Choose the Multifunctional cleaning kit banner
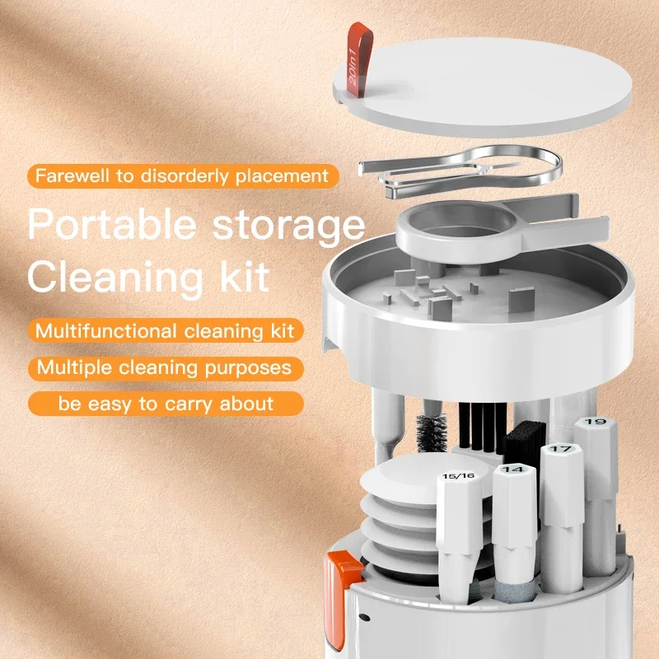(x=166, y=331)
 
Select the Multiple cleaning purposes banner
(x=165, y=367)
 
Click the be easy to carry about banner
(x=165, y=404)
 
